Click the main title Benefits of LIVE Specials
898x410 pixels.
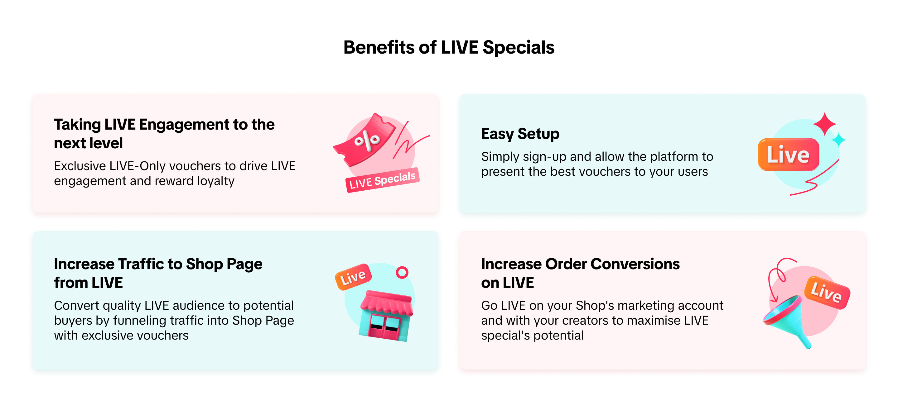coord(449,47)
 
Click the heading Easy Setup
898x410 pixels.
coord(520,134)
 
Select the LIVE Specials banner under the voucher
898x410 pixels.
coord(382,180)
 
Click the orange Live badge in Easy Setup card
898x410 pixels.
coord(788,154)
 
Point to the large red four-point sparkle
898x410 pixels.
coord(824,124)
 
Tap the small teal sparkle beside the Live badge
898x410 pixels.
coord(838,140)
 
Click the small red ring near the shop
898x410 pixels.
coord(402,272)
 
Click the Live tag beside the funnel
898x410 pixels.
coord(827,292)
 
